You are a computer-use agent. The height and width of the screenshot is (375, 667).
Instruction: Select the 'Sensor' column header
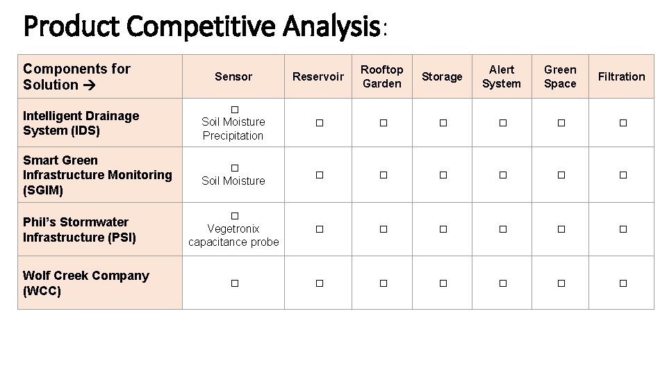click(x=233, y=76)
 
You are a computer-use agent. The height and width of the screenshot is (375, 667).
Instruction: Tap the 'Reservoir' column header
click(x=318, y=76)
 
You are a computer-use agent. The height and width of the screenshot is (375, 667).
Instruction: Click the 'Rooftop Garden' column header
click(x=382, y=76)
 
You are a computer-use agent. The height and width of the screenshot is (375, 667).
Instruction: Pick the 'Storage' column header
click(x=442, y=76)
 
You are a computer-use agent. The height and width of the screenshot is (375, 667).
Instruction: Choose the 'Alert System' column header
click(x=502, y=76)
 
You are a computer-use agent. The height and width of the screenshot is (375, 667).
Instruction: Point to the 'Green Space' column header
click(x=560, y=76)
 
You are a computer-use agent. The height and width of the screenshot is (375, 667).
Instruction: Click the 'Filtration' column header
click(x=621, y=76)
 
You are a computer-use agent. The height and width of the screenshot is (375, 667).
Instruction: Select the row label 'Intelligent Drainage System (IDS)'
click(x=81, y=123)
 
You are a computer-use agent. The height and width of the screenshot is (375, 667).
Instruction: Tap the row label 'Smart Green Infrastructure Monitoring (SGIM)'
click(x=97, y=175)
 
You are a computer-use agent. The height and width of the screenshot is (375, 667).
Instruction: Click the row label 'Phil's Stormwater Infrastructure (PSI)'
click(x=79, y=229)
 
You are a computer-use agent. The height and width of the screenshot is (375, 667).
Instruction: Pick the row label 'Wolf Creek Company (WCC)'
click(x=85, y=283)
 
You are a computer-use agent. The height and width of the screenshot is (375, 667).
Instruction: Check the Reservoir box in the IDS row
click(x=318, y=123)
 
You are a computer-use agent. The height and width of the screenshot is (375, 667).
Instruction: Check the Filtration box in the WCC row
click(x=623, y=283)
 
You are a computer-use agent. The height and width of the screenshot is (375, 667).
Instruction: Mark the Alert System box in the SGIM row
click(x=502, y=176)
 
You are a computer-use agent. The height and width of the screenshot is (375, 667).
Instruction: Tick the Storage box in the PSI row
click(x=443, y=229)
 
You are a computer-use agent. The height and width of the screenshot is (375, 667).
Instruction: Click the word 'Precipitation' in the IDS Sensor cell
click(x=233, y=135)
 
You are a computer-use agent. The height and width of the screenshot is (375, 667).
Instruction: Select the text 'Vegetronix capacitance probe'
click(x=233, y=235)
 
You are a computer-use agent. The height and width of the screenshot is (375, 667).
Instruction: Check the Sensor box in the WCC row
click(x=234, y=283)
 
